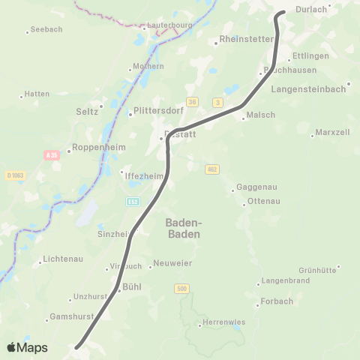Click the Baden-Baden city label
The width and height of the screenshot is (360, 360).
(183, 228)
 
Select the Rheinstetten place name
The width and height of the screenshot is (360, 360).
(247, 39)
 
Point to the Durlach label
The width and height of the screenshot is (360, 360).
(312, 10)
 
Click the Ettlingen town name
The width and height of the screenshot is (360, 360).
(310, 56)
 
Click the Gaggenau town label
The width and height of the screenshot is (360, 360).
(257, 187)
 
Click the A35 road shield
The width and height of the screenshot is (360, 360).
(51, 154)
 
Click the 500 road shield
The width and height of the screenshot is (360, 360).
(181, 288)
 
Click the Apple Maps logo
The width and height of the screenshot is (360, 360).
(27, 347)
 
